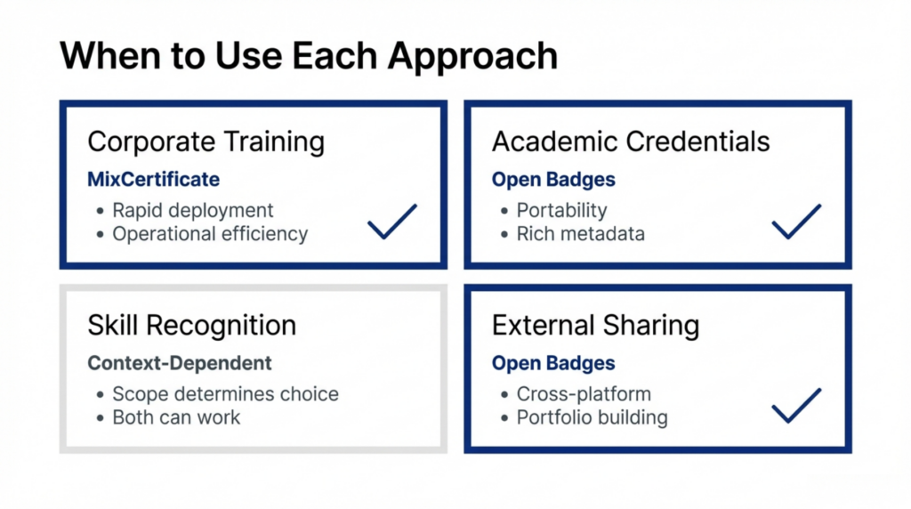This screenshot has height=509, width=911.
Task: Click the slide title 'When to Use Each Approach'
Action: (x=308, y=55)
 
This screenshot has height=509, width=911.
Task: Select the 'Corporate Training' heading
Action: (x=206, y=141)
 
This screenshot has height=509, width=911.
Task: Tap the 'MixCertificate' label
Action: (x=153, y=180)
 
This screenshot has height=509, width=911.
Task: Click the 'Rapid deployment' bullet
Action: (x=192, y=211)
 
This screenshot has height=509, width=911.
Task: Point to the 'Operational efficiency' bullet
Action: (x=209, y=234)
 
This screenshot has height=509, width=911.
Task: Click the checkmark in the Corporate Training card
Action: (x=391, y=222)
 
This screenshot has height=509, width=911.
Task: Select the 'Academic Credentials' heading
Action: (x=631, y=141)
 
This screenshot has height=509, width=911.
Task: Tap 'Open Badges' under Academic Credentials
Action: (x=553, y=180)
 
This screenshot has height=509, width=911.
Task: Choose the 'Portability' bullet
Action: (x=561, y=211)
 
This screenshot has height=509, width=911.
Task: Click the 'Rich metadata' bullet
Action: (x=580, y=234)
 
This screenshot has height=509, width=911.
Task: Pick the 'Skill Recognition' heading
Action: (x=191, y=326)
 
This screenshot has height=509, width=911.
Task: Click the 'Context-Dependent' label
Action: (x=180, y=363)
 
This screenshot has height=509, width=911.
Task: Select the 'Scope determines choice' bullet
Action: (x=225, y=394)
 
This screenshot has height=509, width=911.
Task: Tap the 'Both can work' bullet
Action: (x=176, y=417)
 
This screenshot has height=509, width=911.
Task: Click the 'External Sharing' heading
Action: (x=595, y=326)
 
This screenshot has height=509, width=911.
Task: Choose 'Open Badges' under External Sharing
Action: (x=553, y=363)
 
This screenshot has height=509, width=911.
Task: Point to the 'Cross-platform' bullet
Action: (x=584, y=394)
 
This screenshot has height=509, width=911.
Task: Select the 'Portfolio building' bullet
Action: (x=592, y=417)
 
